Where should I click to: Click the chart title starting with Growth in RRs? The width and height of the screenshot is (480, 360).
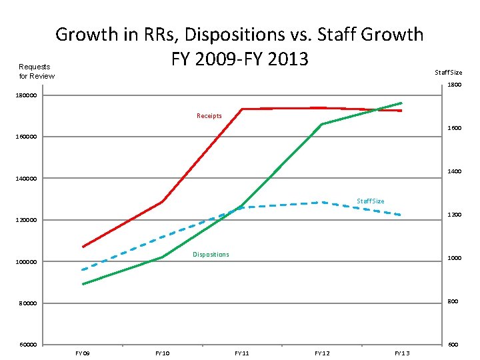coord(239,45)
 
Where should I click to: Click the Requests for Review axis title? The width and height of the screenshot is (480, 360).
coord(37,71)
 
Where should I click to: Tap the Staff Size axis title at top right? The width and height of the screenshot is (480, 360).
coord(448,72)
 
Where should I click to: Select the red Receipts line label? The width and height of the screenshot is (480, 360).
coord(209,116)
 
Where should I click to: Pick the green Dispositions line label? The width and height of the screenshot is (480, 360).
coord(211,255)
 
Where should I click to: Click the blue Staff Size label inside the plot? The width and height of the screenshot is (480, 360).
coord(371,201)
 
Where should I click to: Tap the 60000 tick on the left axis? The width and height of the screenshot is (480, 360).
coord(28,345)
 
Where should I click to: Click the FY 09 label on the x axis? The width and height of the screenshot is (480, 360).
coord(83,353)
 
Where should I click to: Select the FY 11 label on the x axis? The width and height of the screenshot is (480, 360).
coord(242,353)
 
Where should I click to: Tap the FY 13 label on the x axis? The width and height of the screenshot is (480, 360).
coord(402,353)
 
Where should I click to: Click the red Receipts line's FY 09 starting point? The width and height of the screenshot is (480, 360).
coord(83,247)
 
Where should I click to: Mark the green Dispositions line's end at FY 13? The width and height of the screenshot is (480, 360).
coord(402,103)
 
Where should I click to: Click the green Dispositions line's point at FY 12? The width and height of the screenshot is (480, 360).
coord(322,124)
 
